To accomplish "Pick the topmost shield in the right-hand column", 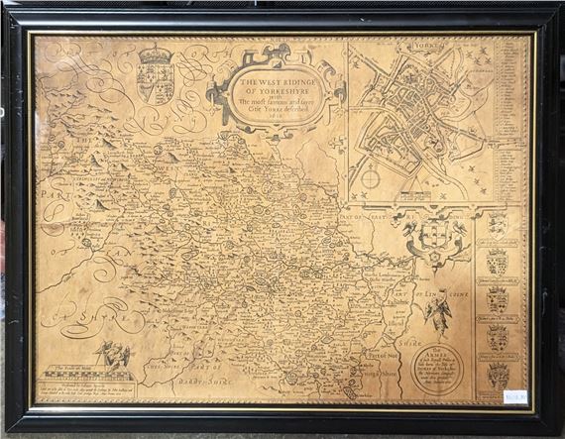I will [x=498, y=226].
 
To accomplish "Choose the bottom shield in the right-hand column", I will [x=498, y=373].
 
